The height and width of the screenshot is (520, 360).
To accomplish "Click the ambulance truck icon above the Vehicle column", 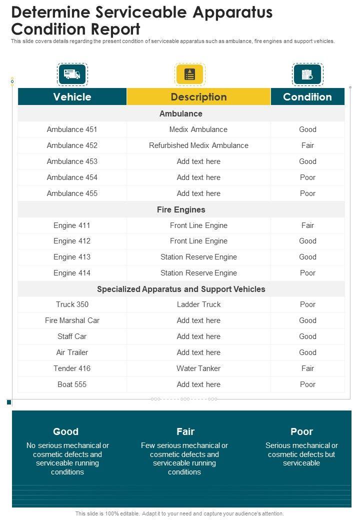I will point(72,74).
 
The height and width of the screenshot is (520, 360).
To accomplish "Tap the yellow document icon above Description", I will point(189,74).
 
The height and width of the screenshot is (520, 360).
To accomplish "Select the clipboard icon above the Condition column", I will point(307,74).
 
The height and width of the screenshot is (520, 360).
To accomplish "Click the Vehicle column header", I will point(72,97).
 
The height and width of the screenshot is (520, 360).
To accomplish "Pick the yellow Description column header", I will point(198,97).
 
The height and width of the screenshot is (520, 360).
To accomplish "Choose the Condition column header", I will point(307,97).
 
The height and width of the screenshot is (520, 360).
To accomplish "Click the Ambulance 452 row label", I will point(72,145).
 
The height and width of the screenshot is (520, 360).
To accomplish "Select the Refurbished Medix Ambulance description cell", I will point(198,145).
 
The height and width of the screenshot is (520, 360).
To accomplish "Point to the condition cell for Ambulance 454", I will point(307,177).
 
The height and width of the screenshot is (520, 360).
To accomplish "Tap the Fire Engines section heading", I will point(181,209).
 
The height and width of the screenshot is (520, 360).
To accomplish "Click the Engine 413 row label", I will point(72,257).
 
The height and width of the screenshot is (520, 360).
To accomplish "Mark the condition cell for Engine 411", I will point(307,225).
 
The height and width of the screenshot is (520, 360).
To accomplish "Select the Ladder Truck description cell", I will point(198,304).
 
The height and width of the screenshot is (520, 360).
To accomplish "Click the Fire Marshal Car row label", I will point(72,320).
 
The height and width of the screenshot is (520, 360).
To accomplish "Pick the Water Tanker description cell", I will point(198,368).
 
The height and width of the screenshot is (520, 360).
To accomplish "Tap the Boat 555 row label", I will point(72,384).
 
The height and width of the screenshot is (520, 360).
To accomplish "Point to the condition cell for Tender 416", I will point(307,368).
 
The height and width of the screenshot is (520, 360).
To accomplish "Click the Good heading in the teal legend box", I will point(66,431).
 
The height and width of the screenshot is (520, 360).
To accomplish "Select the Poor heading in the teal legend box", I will point(301,431).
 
